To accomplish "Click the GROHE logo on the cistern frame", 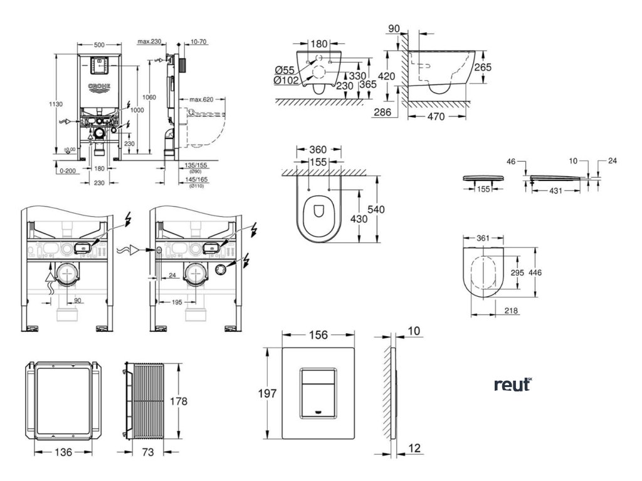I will pyautogui.click(x=99, y=86).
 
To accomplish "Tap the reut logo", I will pyautogui.click(x=512, y=385).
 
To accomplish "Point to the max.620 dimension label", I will pyautogui.click(x=200, y=100).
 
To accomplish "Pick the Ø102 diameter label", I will pyautogui.click(x=286, y=80).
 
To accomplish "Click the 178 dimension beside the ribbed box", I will pyautogui.click(x=179, y=401).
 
